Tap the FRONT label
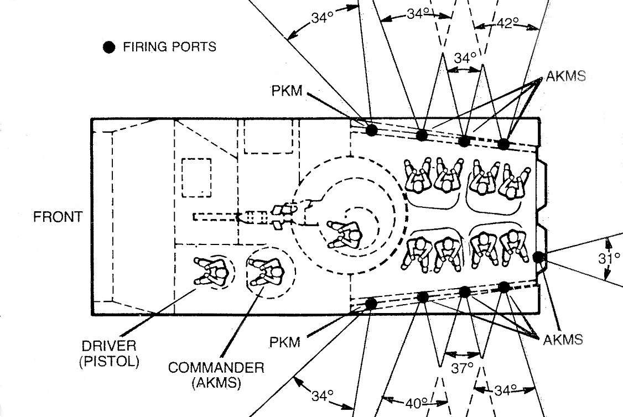click(x=58, y=217)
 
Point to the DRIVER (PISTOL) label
click(x=108, y=354)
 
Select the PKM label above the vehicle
click(x=287, y=91)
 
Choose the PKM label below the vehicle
click(x=285, y=342)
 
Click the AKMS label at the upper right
click(x=565, y=76)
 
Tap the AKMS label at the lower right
click(x=563, y=339)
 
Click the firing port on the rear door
click(x=538, y=257)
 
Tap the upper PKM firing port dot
click(x=371, y=130)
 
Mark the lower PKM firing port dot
click(x=371, y=303)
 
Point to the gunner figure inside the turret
click(x=344, y=234)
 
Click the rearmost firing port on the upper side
click(x=503, y=144)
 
